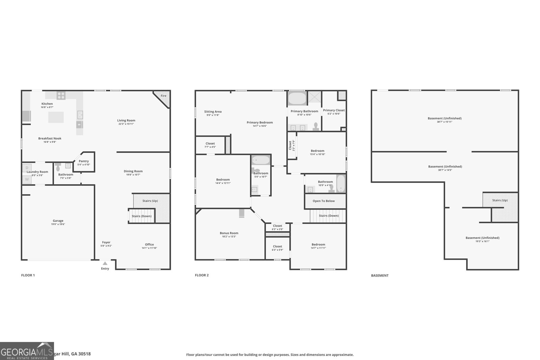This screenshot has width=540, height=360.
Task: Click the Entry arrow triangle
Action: coord(105,264)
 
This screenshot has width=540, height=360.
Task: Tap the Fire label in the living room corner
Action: coord(163,96)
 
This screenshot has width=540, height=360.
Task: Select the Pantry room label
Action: coord(84,161)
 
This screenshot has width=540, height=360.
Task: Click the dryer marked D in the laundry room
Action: coord(27,168)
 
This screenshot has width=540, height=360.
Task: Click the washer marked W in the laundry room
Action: coord(27,179)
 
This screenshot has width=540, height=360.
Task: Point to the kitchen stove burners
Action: coord(61,95)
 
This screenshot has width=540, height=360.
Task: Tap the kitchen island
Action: coord(56,117)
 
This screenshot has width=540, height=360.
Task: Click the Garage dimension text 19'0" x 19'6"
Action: coord(58,224)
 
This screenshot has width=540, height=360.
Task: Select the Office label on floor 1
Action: coord(149,245)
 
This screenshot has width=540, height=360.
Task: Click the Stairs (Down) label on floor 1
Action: coord(141,216)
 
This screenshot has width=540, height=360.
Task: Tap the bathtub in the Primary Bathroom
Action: coord(297,99)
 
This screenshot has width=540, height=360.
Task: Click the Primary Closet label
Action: coord(334,110)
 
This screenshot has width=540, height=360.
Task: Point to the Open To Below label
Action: coord(324,201)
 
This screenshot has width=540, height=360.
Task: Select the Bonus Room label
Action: coord(229,233)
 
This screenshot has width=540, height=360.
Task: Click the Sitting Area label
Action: coord(213,112)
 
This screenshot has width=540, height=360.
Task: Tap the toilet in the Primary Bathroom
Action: coord(316,126)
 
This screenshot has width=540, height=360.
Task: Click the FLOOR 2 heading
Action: coord(202,275)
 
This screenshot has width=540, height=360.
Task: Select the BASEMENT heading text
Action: coord(380,276)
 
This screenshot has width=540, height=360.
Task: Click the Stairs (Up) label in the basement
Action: coord(500,200)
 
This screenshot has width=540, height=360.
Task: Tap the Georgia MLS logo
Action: coord(27,351)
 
